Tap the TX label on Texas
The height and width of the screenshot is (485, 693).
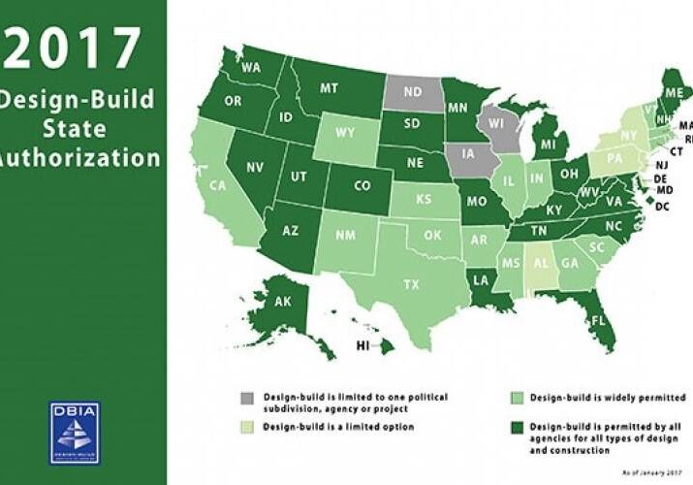(411, 284)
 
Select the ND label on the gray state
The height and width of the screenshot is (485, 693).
(411, 93)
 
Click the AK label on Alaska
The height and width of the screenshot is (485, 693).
(283, 302)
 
